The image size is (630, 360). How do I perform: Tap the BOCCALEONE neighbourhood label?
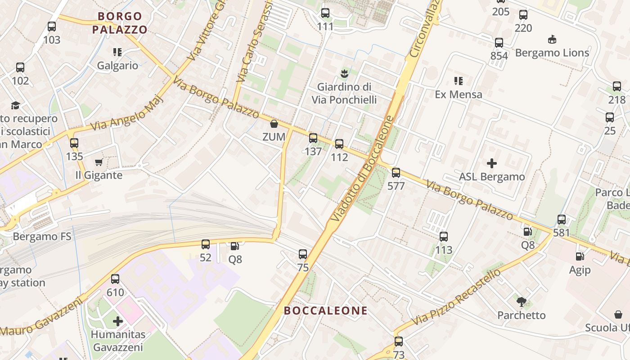[x=326, y=310]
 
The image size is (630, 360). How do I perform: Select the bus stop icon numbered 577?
[x=396, y=173]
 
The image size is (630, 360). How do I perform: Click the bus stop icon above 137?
[x=313, y=138]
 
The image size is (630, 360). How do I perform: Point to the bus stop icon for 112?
[x=339, y=144]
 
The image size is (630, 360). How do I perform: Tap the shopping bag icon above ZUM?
[x=274, y=124]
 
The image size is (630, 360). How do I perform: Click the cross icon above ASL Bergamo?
[x=492, y=163]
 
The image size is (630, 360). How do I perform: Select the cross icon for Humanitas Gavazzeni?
[x=118, y=321]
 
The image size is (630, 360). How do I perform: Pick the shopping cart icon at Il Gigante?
[x=99, y=162]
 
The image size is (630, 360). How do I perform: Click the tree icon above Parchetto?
[x=522, y=301]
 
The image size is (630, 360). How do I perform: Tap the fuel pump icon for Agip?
[x=580, y=256]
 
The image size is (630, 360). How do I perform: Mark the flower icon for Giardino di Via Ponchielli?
[x=345, y=73]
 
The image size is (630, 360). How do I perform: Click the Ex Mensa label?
[x=459, y=94]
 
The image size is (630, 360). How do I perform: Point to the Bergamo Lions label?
[x=552, y=53]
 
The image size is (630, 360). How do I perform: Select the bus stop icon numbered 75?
[x=303, y=254]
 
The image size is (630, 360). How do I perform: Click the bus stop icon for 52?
[x=206, y=244]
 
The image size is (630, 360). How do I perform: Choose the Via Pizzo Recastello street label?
[x=456, y=297]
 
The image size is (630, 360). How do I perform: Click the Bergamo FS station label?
[x=42, y=237]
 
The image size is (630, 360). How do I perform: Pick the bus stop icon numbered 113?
[x=444, y=237]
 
